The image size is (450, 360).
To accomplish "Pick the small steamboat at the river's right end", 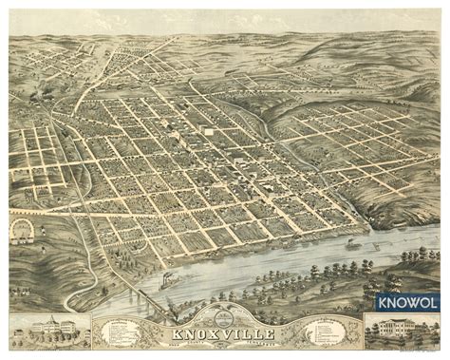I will pyautogui.click(x=352, y=242).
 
